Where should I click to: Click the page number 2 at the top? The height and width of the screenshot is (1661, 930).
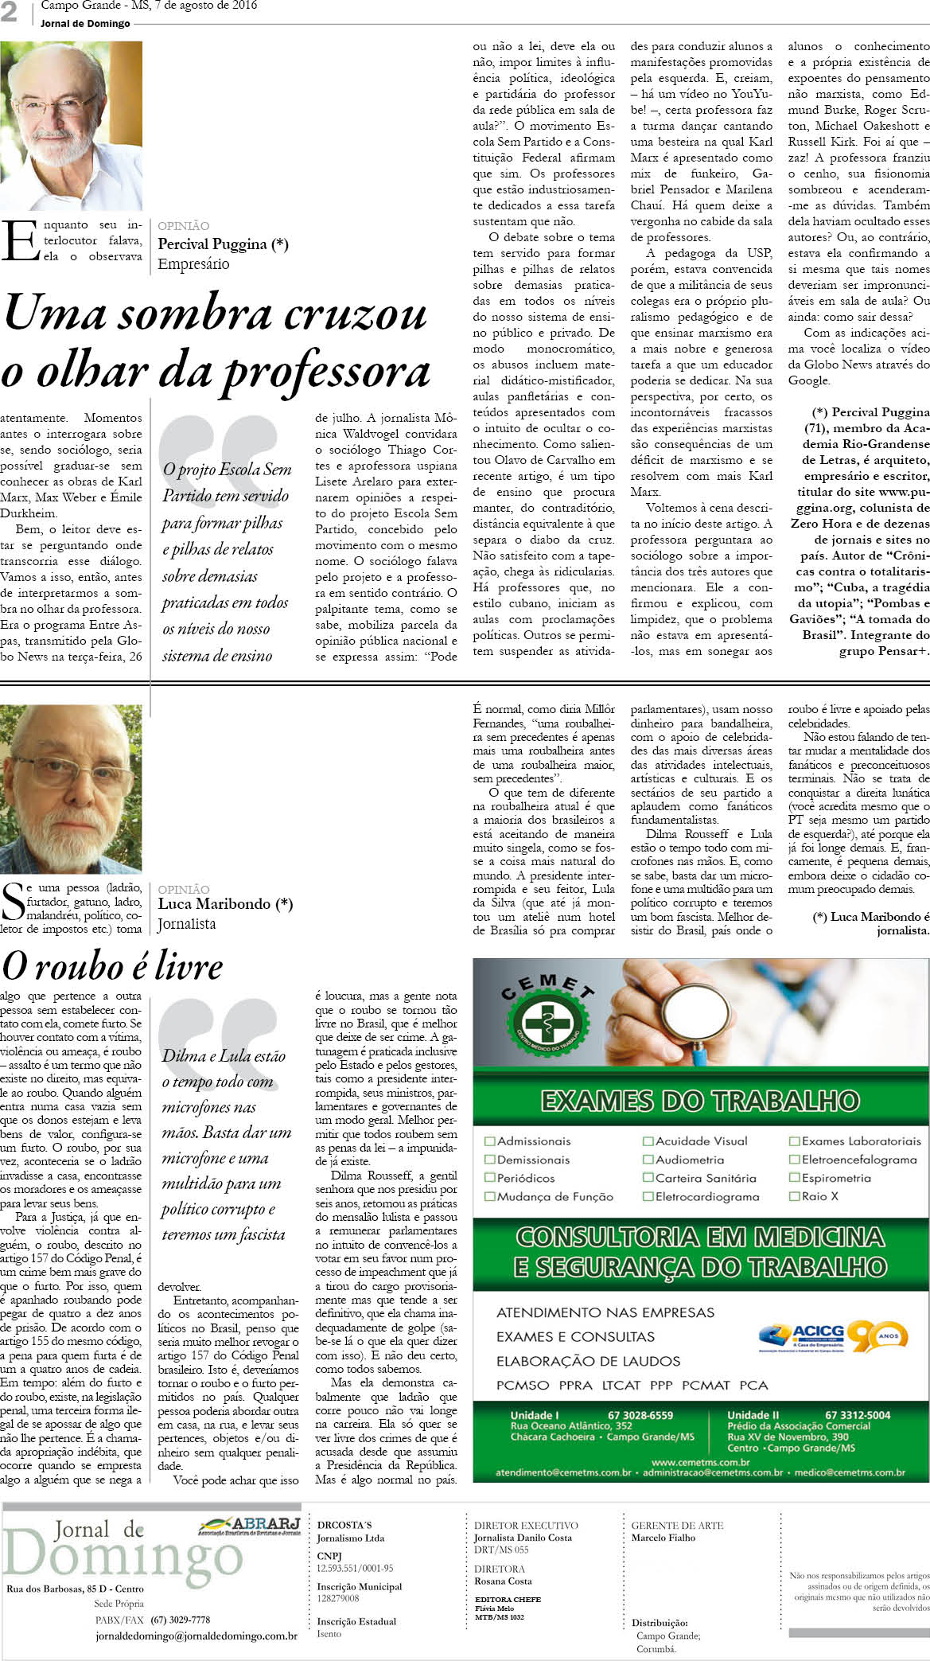pyautogui.click(x=9, y=12)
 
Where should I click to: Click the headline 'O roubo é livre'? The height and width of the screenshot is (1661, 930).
pyautogui.click(x=112, y=966)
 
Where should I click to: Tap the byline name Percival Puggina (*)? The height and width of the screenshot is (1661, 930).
pyautogui.click(x=223, y=244)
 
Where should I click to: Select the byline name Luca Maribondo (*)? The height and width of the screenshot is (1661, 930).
pyautogui.click(x=225, y=903)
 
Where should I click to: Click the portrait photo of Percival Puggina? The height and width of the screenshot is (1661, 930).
pyautogui.click(x=71, y=126)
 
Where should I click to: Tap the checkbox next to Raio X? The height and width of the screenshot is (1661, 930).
pyautogui.click(x=794, y=1196)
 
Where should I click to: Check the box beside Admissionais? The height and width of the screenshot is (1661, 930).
pyautogui.click(x=489, y=1141)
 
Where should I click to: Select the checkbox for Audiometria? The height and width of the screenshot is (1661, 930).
pyautogui.click(x=648, y=1160)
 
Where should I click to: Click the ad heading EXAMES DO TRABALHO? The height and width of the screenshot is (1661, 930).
pyautogui.click(x=700, y=1101)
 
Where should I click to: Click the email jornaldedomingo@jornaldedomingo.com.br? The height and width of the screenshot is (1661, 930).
pyautogui.click(x=196, y=1637)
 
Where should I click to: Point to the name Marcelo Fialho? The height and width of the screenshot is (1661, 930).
pyautogui.click(x=663, y=1538)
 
